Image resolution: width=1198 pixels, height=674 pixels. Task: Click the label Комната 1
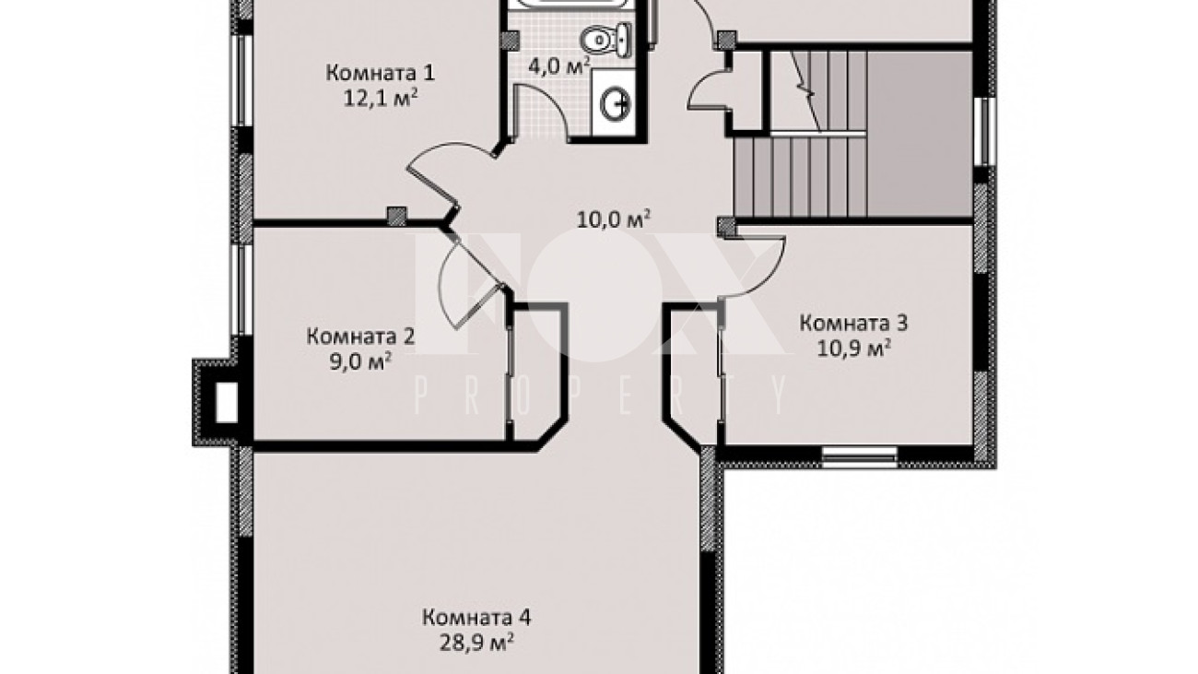pos(381,73)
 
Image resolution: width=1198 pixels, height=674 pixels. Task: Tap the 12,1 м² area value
pos(381,99)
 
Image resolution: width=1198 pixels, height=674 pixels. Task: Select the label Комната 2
pos(360,337)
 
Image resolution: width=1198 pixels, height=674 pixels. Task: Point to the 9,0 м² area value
pos(360,361)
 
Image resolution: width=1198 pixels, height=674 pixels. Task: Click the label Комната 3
pos(854,323)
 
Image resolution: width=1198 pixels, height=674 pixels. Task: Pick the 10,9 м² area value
pos(854,349)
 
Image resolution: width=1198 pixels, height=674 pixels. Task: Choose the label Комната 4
pos(476,618)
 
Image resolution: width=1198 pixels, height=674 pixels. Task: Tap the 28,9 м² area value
pos(476,643)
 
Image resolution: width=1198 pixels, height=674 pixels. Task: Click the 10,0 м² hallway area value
pos(614,219)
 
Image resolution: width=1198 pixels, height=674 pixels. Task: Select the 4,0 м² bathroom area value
pos(559,66)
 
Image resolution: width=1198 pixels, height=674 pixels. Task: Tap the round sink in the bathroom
pos(617,104)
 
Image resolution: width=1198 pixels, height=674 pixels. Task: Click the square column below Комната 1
pos(396,216)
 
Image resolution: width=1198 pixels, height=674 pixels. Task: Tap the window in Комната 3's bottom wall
pos(859,456)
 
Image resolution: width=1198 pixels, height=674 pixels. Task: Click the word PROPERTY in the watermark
pos(601,395)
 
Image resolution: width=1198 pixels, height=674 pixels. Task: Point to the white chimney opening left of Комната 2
pos(226,402)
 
